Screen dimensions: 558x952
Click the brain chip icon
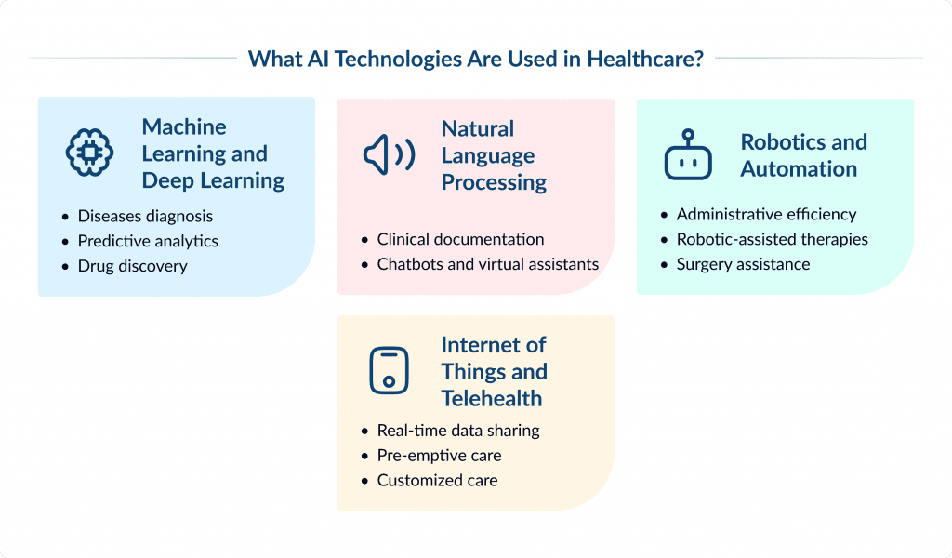click(x=89, y=153)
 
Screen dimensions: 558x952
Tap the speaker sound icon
click(x=389, y=155)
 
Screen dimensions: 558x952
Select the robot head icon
click(x=688, y=154)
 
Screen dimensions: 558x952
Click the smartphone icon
click(x=389, y=370)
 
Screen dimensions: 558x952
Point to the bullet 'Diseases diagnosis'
click(x=145, y=216)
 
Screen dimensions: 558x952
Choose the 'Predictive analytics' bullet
click(x=148, y=241)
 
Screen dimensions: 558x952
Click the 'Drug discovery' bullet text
click(x=132, y=266)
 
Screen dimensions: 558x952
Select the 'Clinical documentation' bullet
click(x=460, y=239)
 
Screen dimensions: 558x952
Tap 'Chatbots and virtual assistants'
click(x=487, y=264)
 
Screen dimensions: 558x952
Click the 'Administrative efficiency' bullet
click(x=766, y=214)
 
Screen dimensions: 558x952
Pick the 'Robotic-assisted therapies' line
click(x=772, y=239)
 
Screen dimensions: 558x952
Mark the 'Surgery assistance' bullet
click(x=743, y=264)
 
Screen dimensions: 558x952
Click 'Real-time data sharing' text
click(x=457, y=431)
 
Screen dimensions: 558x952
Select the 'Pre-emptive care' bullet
click(x=439, y=456)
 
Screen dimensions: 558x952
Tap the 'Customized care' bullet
click(x=437, y=481)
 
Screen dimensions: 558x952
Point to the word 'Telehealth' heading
click(x=492, y=398)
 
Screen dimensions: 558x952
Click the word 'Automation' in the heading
click(x=799, y=168)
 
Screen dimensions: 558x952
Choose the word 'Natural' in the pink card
click(x=477, y=128)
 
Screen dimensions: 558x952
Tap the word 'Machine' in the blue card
click(x=184, y=126)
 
